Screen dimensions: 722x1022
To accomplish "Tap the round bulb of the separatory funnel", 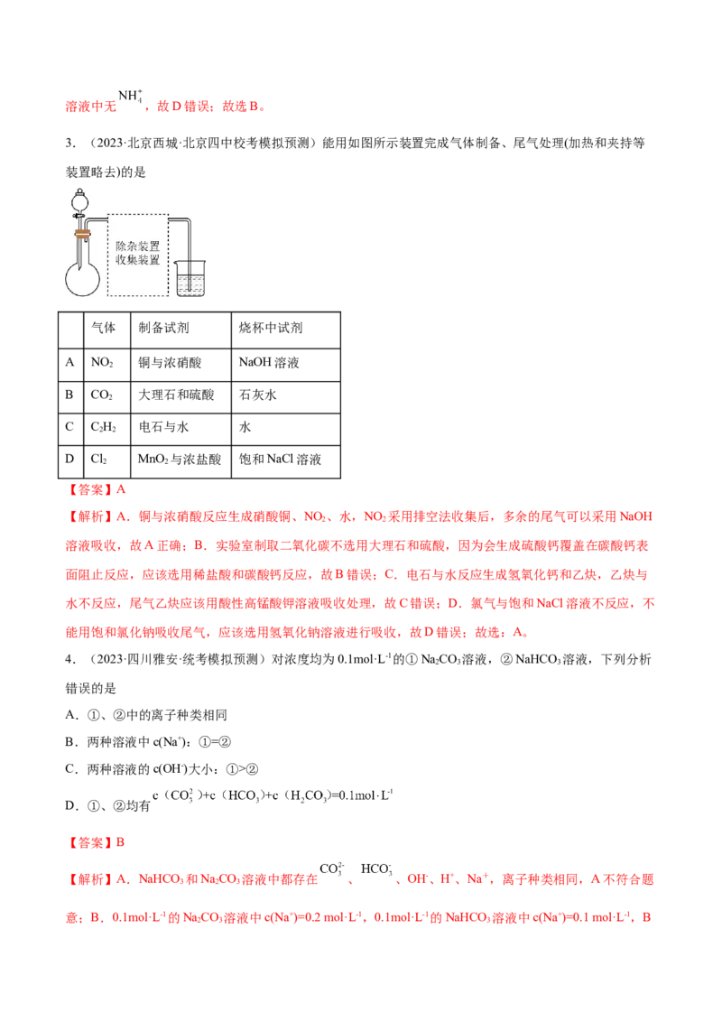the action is (x=79, y=202).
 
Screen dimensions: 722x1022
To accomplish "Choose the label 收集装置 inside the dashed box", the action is (x=138, y=260).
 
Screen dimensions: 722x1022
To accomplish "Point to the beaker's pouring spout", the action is (x=177, y=263).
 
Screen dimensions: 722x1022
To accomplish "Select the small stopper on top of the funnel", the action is (x=79, y=191).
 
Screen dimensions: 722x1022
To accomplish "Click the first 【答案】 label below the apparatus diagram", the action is (x=88, y=490).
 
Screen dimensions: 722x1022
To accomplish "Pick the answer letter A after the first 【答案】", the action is (x=122, y=490).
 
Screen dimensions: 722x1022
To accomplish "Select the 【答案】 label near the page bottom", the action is (x=88, y=841).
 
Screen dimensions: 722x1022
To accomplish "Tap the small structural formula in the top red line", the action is (x=129, y=99).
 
